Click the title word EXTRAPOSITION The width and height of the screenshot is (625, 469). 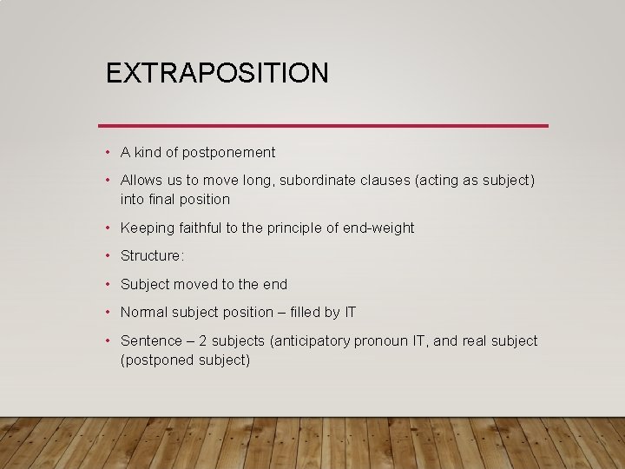217,73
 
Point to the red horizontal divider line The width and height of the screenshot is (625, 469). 323,126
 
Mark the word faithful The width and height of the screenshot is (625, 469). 199,228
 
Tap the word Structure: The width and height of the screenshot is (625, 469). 153,256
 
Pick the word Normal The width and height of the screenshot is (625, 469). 144,313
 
